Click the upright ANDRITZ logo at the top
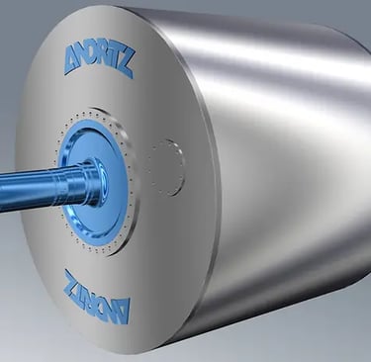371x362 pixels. pos(98,61)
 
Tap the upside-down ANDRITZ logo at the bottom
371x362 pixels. pos(97,296)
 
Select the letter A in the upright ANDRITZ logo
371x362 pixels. pos(73,60)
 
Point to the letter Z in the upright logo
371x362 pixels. pos(126,67)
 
